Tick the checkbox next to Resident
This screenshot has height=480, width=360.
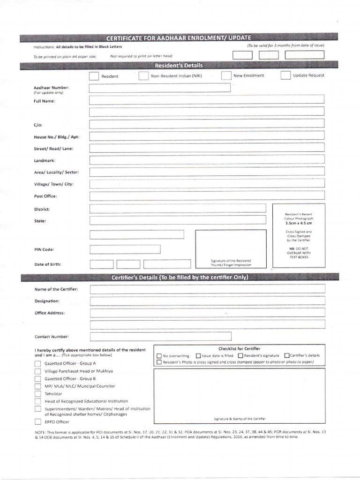[x=94, y=76]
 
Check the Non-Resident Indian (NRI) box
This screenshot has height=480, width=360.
[x=143, y=76]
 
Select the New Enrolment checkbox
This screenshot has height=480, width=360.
[x=226, y=75]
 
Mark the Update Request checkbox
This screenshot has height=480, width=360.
[x=285, y=75]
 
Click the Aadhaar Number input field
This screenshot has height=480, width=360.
[x=160, y=88]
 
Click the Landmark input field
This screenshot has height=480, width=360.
[x=207, y=160]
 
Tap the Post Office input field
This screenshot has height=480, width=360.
[x=207, y=196]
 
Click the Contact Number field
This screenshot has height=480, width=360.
[x=161, y=336]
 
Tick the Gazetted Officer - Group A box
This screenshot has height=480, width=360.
[x=37, y=363]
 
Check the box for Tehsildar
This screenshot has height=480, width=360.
[x=37, y=394]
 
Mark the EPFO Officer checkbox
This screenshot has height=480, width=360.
[x=37, y=421]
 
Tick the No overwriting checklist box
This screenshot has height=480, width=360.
[x=159, y=356]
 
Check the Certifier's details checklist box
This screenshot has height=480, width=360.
[x=287, y=356]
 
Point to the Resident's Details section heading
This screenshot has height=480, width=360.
[x=180, y=65]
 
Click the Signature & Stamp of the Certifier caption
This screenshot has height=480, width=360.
[x=241, y=419]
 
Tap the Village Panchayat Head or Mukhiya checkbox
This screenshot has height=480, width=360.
[x=37, y=371]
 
